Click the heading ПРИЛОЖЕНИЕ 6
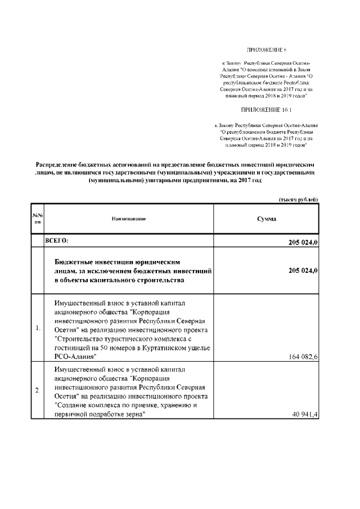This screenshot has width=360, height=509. coord(267,51)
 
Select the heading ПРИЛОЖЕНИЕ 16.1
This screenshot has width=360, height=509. coord(267,109)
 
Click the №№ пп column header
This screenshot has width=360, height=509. coord(37,218)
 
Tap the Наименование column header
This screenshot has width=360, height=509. coord(129,218)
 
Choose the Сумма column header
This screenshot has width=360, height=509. coord(266,218)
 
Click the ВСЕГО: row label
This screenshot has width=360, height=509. coord(57,241)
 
